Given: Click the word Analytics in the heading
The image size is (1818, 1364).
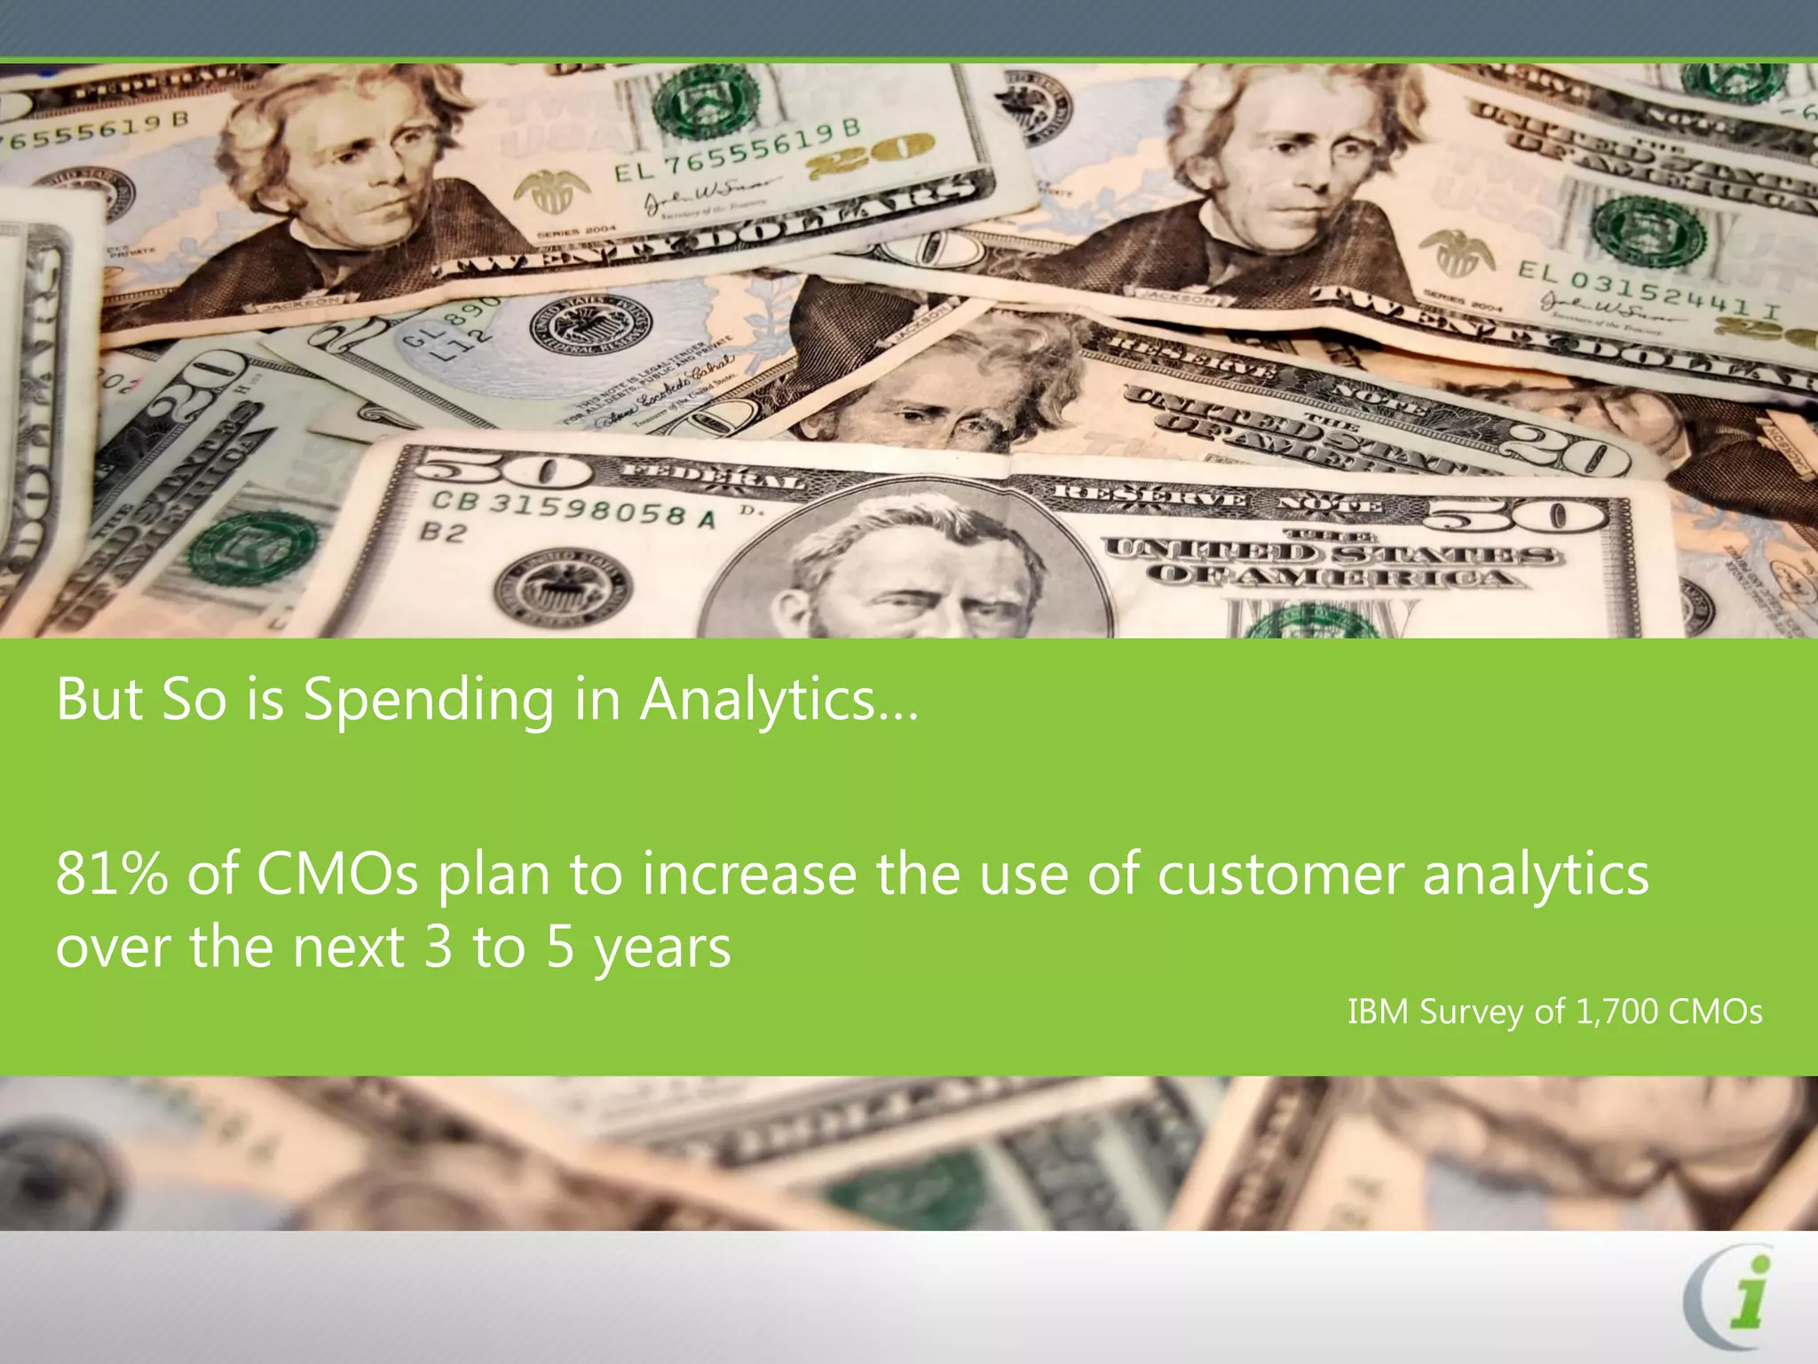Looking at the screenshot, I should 779,700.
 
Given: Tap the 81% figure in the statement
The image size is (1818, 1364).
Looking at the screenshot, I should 111,874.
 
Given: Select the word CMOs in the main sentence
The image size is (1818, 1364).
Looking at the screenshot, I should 337,874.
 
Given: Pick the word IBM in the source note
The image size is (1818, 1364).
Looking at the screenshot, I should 1378,1011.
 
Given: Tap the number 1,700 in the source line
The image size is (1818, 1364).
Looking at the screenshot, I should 1616,1011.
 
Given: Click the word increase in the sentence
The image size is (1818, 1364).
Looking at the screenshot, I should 748,874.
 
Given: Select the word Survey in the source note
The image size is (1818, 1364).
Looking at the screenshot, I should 1470,1012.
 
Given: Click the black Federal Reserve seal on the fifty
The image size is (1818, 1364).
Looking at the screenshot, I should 563,591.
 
